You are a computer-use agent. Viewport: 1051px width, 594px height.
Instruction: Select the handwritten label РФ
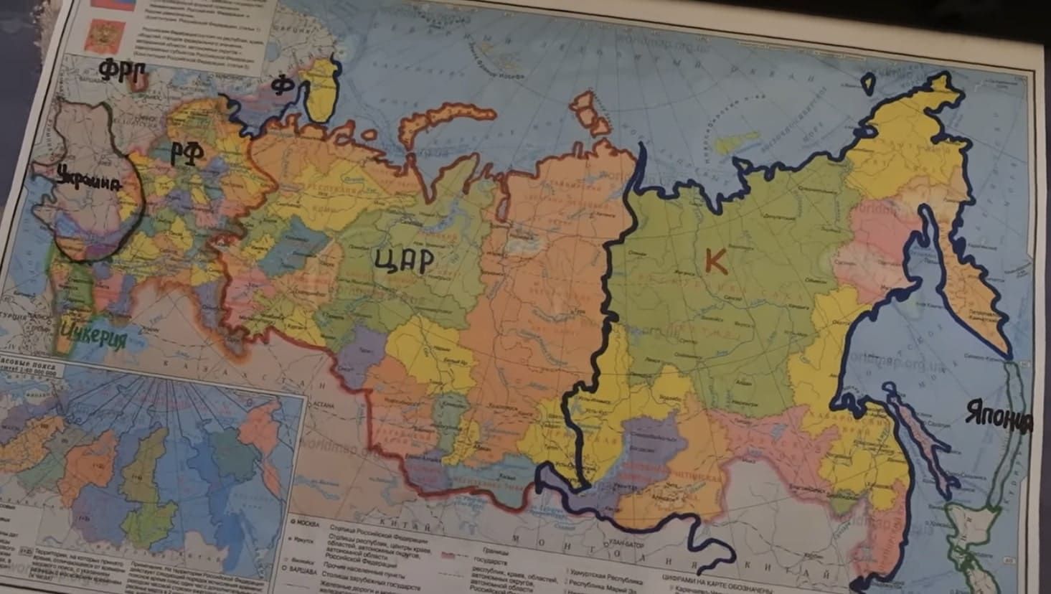coord(187,151)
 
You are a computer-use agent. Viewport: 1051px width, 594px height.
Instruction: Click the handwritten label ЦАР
coord(404,260)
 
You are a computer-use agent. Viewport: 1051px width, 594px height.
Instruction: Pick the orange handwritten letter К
coord(715,262)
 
